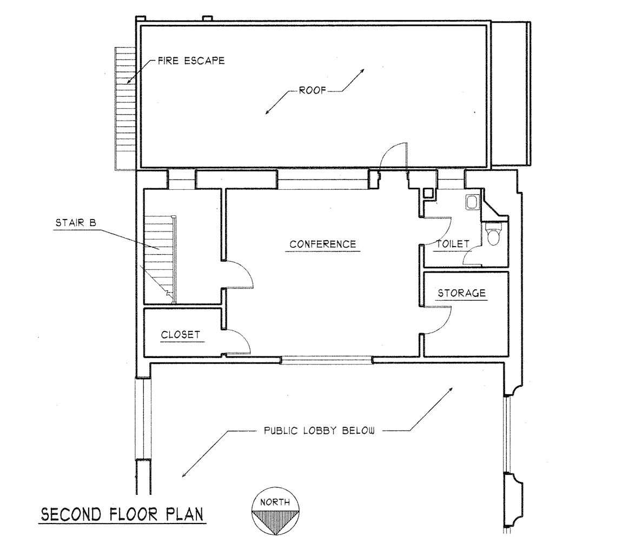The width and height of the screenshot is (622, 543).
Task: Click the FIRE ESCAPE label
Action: pos(190,61)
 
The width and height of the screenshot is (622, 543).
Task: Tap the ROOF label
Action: pos(313,91)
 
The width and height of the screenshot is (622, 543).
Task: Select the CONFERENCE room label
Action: pos(322,244)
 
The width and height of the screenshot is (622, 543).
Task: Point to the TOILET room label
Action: pos(452,244)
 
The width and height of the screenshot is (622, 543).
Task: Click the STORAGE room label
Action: pos(461,293)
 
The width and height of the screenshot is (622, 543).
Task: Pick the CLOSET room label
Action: pos(180,335)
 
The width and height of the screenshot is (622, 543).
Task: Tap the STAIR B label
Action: pos(76,222)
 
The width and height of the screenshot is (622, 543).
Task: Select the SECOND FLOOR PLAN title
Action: pos(123,514)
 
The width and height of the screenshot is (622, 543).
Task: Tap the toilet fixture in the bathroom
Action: pos(493,235)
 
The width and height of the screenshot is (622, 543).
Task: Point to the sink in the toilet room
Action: pos(471,202)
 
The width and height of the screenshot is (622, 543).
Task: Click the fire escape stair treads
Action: pos(124,108)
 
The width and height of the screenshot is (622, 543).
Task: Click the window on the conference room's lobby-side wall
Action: pos(327,359)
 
